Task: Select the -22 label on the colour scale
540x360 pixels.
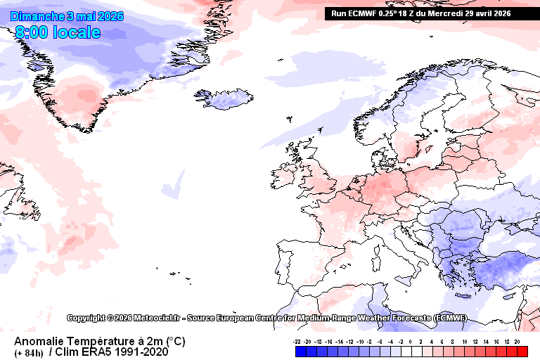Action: tap(298, 340)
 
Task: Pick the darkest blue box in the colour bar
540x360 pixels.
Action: tap(299, 351)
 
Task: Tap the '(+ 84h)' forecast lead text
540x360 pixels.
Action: tap(29, 352)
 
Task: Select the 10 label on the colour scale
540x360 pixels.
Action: tap(464, 340)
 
